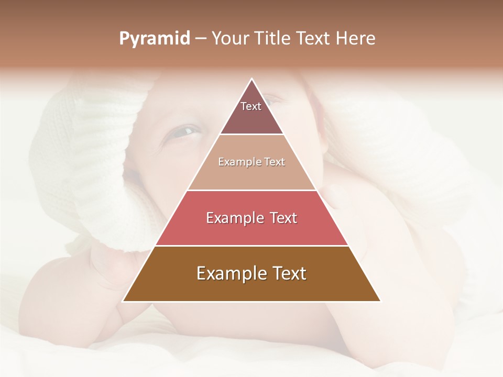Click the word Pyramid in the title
[155, 39]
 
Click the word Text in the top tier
[251, 106]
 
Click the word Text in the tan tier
[275, 162]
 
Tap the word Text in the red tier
[283, 218]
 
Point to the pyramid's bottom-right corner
[380, 301]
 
